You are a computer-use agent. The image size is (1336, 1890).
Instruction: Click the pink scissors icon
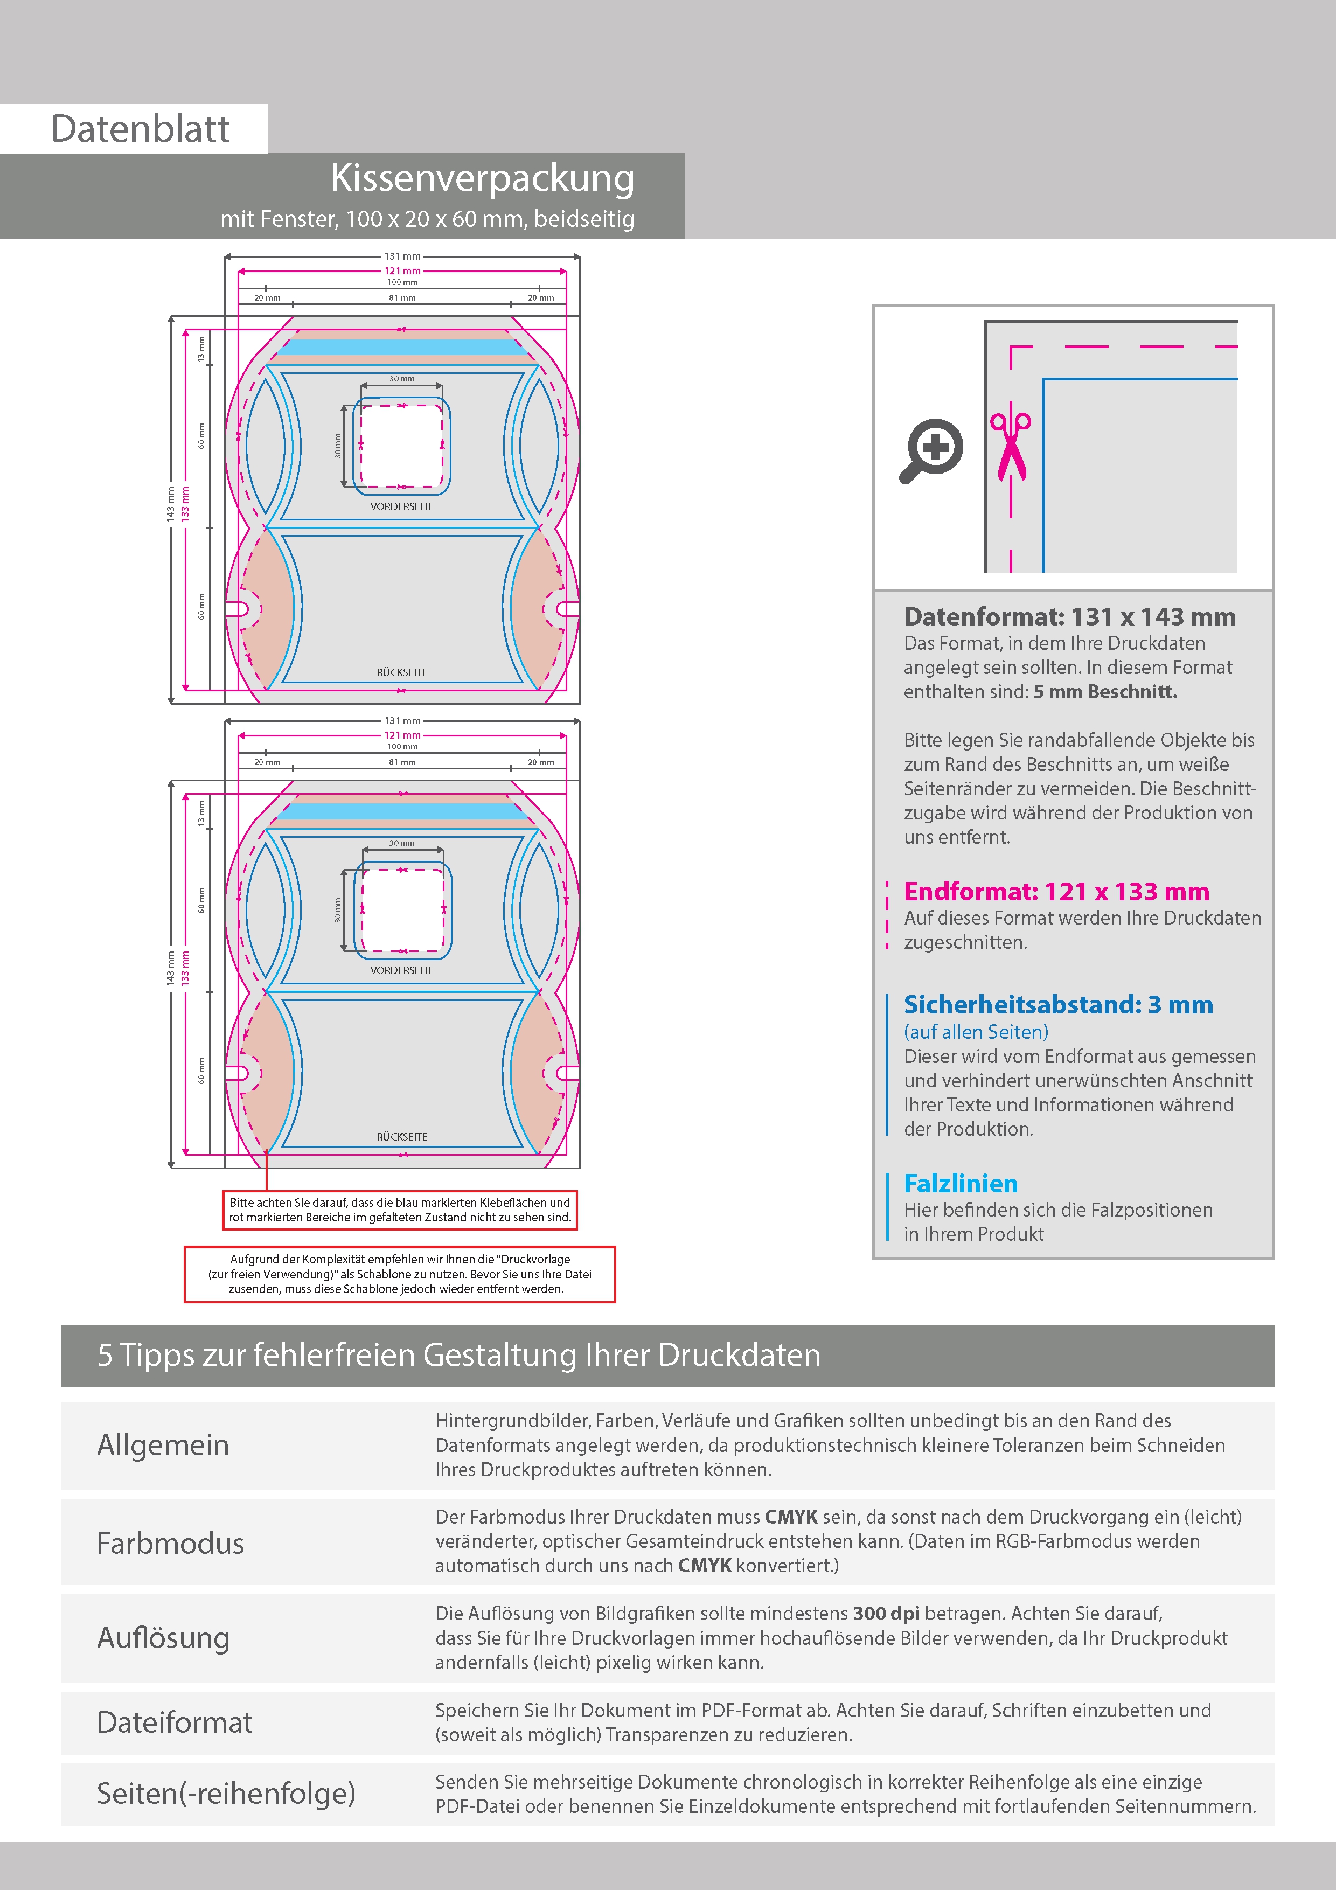[x=1010, y=444]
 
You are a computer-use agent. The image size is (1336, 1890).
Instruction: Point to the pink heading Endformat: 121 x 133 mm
[x=1056, y=892]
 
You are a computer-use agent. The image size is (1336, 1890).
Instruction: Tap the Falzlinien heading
[x=961, y=1183]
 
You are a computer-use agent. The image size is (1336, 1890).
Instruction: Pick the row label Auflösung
[x=163, y=1637]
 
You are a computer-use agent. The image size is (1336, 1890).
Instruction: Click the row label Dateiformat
[x=175, y=1722]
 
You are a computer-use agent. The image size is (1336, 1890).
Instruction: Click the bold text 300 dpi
[x=887, y=1614]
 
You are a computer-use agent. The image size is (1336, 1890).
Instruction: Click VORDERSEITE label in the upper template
[x=402, y=506]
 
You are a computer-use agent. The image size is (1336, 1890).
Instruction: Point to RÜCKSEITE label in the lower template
[x=402, y=1137]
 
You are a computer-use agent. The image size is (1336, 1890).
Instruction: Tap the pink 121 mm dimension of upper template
[x=402, y=271]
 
